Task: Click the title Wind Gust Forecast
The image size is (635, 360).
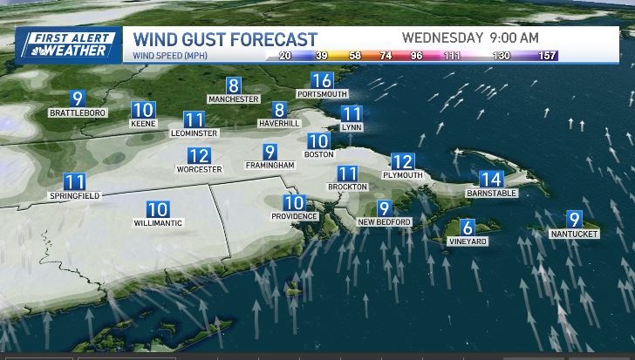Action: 224,39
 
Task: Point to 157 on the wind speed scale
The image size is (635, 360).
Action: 547,56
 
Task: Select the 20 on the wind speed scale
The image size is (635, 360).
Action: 283,56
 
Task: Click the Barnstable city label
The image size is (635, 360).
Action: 492,193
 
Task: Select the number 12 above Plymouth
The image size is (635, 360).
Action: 402,161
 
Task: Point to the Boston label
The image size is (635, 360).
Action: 318,154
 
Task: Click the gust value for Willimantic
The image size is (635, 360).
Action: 157,209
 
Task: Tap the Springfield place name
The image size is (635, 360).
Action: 74,196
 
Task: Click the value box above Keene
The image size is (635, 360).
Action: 142,111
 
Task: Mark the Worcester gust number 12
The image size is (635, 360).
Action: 199,156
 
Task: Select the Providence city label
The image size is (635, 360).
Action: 294,215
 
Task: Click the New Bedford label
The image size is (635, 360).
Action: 384,221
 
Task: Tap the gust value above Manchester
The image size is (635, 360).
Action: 233,86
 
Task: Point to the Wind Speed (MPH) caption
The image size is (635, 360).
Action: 171,57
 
